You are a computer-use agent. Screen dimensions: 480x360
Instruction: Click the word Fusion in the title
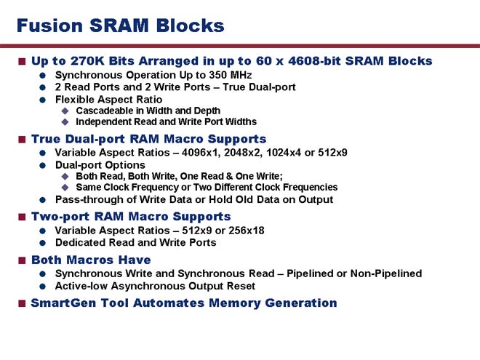tap(49, 25)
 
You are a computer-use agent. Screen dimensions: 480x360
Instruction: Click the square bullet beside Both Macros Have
tap(22, 260)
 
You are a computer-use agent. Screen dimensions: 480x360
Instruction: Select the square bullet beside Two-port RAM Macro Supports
tap(22, 217)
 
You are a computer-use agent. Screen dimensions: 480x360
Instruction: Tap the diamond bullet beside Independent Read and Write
tap(65, 122)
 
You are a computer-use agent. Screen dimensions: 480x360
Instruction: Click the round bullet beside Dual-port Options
tap(43, 165)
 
